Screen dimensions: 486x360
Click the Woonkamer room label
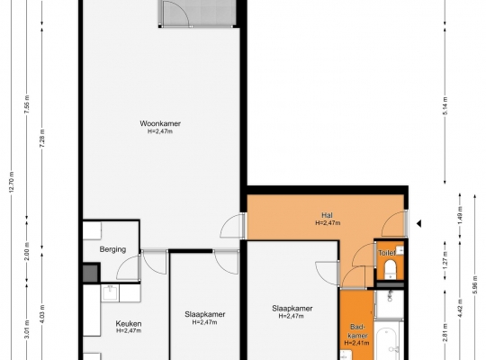(x=160, y=123)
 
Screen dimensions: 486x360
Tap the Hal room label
(x=327, y=215)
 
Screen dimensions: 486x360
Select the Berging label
(x=112, y=249)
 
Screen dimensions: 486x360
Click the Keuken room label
(x=129, y=324)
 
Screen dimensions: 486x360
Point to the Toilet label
(x=386, y=253)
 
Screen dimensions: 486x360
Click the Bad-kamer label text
(x=358, y=331)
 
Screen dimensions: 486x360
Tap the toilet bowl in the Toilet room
(x=391, y=268)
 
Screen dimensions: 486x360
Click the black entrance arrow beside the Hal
(x=418, y=223)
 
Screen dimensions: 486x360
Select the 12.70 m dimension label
(x=12, y=182)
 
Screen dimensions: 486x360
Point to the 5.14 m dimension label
(x=445, y=105)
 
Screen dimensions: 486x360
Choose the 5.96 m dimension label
(x=475, y=284)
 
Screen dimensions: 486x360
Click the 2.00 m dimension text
(x=27, y=252)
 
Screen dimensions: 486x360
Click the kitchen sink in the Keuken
(x=110, y=293)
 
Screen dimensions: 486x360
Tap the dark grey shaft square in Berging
(x=91, y=274)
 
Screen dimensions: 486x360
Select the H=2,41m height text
(x=356, y=343)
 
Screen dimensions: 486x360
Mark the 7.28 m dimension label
(x=42, y=138)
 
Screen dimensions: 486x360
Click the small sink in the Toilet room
(x=400, y=249)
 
